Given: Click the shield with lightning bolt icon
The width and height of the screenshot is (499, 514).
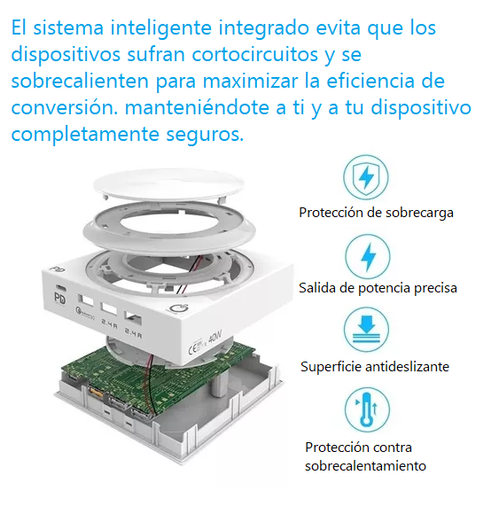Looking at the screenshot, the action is [x=365, y=177].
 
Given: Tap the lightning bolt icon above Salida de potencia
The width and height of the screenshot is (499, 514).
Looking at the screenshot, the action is [x=368, y=257].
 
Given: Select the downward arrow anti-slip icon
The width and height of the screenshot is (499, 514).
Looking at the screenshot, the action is [x=366, y=330].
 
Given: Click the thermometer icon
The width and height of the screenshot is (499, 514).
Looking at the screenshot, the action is [x=367, y=409].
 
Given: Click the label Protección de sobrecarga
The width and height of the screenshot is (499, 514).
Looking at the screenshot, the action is [x=376, y=213].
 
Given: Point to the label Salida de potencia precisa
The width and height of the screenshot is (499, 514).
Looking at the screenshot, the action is [x=378, y=288].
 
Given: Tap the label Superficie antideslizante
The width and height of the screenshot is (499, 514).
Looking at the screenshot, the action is [x=375, y=367].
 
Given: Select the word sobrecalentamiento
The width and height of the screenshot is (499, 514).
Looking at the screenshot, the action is [x=365, y=466].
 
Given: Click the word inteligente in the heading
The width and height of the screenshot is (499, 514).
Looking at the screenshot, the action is [x=161, y=28].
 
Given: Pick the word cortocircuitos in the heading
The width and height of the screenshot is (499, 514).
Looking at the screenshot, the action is [x=255, y=54].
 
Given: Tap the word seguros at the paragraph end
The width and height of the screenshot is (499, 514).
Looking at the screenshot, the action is [x=205, y=135].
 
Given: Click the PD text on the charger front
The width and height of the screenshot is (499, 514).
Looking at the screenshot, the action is [x=59, y=299].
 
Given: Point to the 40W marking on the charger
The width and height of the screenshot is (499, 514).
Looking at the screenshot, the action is [x=215, y=337].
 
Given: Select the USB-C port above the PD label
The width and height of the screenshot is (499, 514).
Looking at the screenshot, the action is [x=61, y=288].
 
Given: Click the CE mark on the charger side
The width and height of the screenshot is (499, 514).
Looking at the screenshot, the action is [x=192, y=349].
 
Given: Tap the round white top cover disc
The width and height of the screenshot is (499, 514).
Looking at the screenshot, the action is [x=169, y=184].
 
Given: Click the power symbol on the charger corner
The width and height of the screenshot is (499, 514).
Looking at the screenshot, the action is [x=179, y=309].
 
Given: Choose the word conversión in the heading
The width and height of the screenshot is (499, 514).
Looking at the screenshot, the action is [x=65, y=107].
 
